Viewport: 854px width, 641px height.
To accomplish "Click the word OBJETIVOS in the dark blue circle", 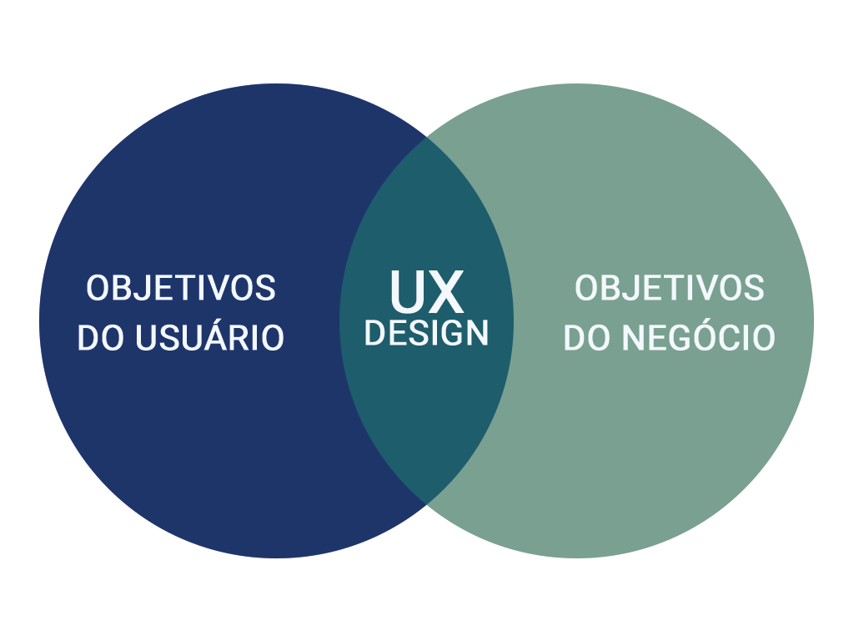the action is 181,288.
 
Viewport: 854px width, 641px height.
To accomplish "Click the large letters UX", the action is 427,291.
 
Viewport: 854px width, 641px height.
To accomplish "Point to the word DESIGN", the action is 426,333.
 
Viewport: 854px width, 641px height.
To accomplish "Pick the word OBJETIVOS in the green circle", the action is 670,288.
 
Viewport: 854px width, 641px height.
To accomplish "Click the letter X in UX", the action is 446,291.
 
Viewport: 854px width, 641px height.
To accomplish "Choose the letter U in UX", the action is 407,291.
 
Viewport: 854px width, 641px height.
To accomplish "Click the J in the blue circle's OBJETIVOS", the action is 138,288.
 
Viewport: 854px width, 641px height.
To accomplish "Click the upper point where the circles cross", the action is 426,138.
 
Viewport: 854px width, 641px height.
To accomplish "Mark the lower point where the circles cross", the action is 426,503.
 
